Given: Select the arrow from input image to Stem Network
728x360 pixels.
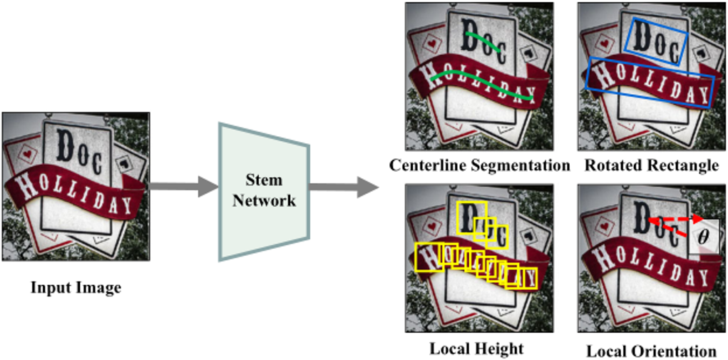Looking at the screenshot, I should tap(183, 187).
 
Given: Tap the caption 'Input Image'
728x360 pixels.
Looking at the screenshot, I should tap(76, 288).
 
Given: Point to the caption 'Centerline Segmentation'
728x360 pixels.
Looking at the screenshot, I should tap(479, 166).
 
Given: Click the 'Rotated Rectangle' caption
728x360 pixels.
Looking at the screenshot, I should tap(651, 166).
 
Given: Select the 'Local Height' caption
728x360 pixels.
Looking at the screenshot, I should tap(476, 349).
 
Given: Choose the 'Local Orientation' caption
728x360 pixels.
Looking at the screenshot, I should tap(651, 351).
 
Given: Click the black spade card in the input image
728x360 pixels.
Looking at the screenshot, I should tap(129, 163).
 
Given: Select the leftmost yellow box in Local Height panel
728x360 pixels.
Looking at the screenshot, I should tap(426, 256).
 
